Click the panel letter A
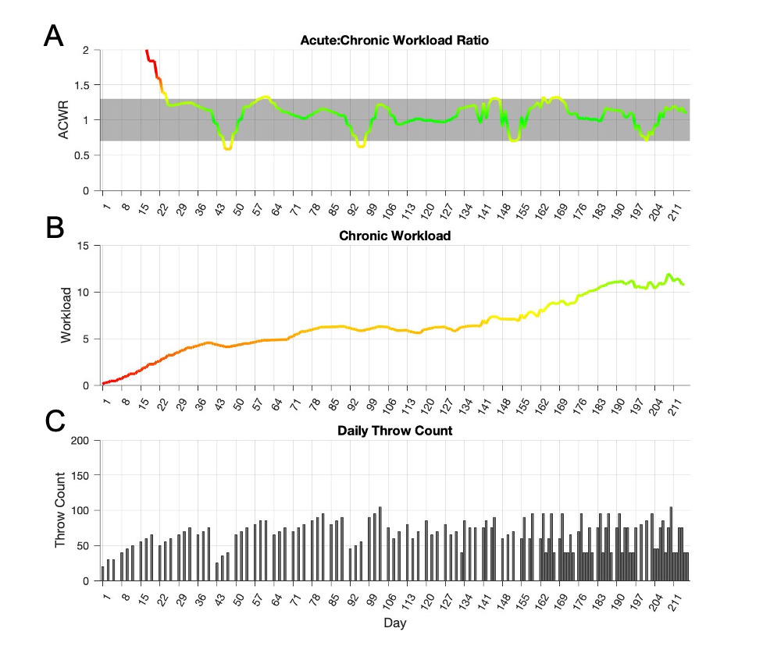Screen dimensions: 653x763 pyautogui.click(x=52, y=36)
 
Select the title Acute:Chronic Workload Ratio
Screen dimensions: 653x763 pyautogui.click(x=394, y=41)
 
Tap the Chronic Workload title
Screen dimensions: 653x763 pyautogui.click(x=394, y=236)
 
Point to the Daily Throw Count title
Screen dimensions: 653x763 pyautogui.click(x=394, y=431)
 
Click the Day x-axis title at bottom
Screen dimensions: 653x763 pyautogui.click(x=394, y=624)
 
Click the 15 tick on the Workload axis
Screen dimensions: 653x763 pyautogui.click(x=85, y=246)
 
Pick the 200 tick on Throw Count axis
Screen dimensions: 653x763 pyautogui.click(x=82, y=441)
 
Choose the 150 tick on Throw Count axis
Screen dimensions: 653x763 pyautogui.click(x=82, y=476)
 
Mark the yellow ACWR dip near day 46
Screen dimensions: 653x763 pyautogui.click(x=227, y=147)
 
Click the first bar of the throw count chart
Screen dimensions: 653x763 pyautogui.click(x=103, y=573)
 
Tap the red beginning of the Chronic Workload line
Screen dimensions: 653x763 pyautogui.click(x=105, y=383)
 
